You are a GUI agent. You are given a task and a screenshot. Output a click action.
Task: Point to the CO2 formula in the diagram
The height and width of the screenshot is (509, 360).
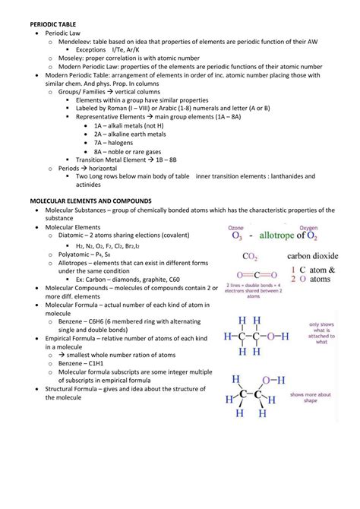pos(251,258)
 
